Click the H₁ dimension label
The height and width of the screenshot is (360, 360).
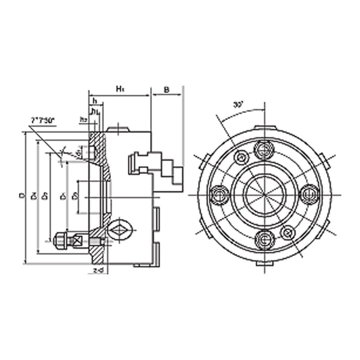point(119,89)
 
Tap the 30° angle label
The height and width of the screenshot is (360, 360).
point(238,104)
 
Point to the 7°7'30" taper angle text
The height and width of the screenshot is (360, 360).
point(43,121)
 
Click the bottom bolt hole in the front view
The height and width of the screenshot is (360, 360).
point(264,240)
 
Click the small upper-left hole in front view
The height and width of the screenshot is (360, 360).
point(241,158)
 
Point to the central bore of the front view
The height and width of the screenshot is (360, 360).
point(264,194)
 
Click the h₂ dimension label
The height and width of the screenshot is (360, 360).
point(83,120)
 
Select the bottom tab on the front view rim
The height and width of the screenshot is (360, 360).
point(264,263)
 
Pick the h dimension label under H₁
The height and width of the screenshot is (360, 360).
point(95,101)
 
